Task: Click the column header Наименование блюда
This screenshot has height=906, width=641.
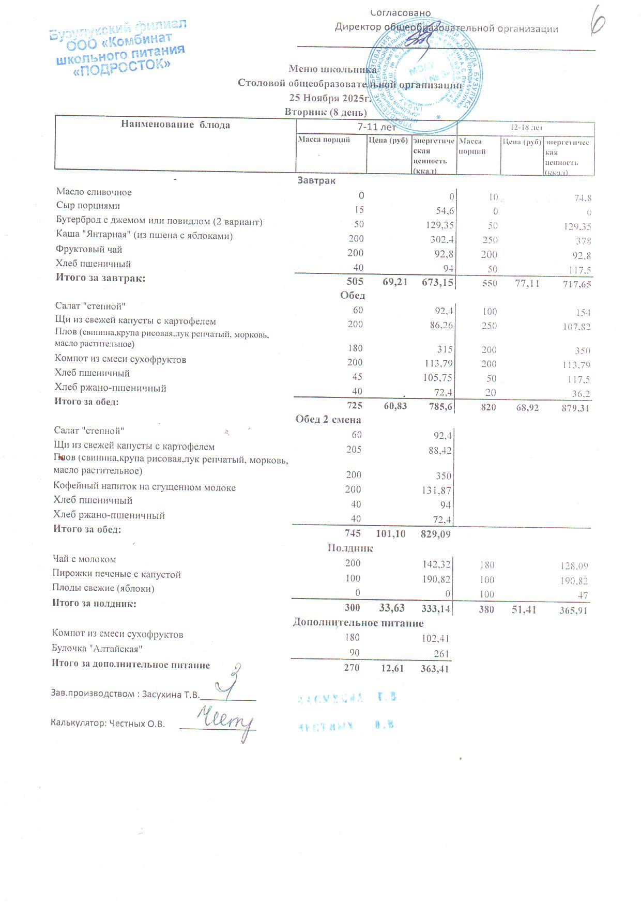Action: coord(176,125)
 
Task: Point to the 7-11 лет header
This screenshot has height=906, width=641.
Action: coord(376,127)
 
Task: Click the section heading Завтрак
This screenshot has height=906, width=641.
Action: coord(316,180)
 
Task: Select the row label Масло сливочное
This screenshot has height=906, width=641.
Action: coord(94,192)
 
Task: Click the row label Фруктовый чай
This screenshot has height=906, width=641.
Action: coord(89,250)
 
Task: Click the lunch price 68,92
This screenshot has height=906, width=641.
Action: coord(527,408)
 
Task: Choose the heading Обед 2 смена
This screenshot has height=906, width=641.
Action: coord(328,419)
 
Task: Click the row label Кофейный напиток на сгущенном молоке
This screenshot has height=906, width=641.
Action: coord(144,487)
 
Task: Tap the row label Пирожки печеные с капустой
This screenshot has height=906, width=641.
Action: coord(116,574)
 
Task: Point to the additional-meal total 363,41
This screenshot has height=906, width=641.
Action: coord(434,669)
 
